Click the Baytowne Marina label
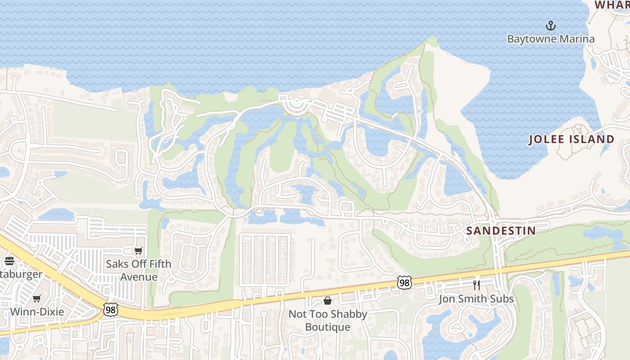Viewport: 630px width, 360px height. pyautogui.click(x=551, y=39)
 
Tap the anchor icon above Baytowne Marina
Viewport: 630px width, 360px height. pyautogui.click(x=551, y=25)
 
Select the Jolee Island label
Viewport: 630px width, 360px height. pyautogui.click(x=571, y=139)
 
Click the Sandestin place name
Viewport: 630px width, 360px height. pyautogui.click(x=501, y=231)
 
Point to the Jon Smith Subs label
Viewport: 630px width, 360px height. pyautogui.click(x=476, y=299)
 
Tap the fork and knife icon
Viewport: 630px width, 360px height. pyautogui.click(x=477, y=285)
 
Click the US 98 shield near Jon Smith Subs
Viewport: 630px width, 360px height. pyautogui.click(x=404, y=283)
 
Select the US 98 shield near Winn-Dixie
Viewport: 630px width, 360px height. pyautogui.click(x=110, y=309)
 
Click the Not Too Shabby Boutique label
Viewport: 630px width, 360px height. pyautogui.click(x=328, y=320)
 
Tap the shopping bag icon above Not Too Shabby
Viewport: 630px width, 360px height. pyautogui.click(x=328, y=301)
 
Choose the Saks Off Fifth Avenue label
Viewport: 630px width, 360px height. pyautogui.click(x=139, y=270)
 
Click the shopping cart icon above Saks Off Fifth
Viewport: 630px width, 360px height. pyautogui.click(x=139, y=251)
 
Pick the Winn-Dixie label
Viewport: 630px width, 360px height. pyautogui.click(x=37, y=312)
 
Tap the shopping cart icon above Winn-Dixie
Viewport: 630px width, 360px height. pyautogui.click(x=37, y=298)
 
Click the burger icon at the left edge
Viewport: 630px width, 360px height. pyautogui.click(x=9, y=261)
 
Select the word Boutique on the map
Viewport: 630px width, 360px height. pyautogui.click(x=328, y=327)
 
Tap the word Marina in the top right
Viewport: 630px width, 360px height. pyautogui.click(x=573, y=39)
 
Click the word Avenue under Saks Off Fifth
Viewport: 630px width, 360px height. pyautogui.click(x=139, y=276)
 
